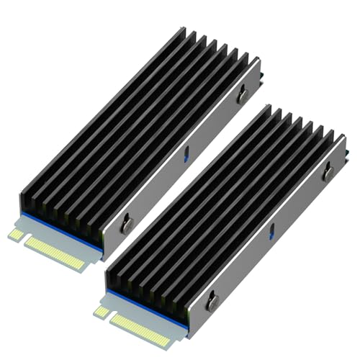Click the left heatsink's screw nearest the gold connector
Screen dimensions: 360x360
pos(127,223)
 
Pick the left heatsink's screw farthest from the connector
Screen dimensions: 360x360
pos(243,91)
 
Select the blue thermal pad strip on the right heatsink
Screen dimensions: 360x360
pos(144,303)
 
